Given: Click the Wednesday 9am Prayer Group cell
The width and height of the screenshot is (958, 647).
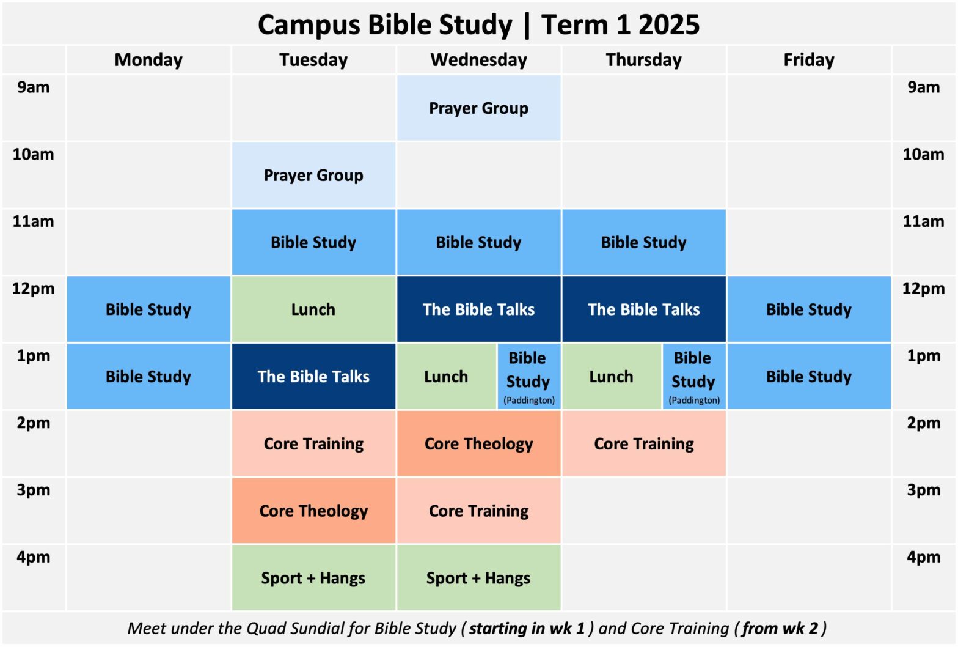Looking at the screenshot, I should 478,108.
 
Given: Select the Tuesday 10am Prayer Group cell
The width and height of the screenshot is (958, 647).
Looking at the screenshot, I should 313,176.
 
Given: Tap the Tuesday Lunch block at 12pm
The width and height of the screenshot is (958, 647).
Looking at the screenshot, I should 313,309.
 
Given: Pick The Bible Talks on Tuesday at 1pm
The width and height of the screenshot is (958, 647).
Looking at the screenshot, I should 313,377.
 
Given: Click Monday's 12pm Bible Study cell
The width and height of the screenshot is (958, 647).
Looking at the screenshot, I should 148,309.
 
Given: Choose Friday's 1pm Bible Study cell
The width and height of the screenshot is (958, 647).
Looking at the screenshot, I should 809,377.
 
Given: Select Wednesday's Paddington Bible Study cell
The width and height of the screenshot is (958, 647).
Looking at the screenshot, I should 528,377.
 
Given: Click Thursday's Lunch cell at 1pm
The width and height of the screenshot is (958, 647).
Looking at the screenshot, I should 611,377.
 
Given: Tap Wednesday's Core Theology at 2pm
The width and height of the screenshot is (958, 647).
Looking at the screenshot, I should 478,444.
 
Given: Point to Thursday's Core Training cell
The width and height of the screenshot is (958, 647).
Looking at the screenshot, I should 644,444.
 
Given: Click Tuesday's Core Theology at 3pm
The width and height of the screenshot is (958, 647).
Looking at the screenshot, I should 313,511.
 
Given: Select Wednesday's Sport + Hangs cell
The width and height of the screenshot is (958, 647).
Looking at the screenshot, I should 478,579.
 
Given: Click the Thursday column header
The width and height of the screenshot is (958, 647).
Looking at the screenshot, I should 644,60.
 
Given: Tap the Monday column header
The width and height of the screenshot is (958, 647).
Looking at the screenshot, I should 148,60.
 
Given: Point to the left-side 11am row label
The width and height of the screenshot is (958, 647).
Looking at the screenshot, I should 34,221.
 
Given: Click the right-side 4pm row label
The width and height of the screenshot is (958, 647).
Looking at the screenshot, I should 923,557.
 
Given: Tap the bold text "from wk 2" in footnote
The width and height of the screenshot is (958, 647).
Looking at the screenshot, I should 780,629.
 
